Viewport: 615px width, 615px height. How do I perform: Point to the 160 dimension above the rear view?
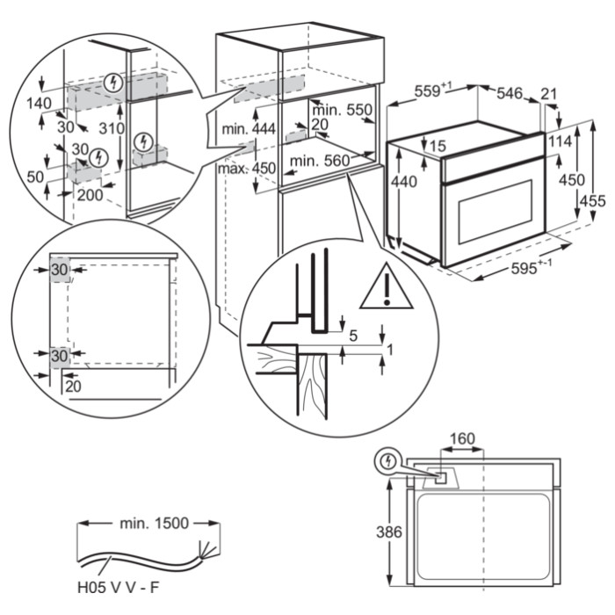pyautogui.click(x=463, y=438)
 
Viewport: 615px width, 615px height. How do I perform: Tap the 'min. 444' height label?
pyautogui.click(x=249, y=129)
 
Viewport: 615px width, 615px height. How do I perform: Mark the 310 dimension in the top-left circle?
pyautogui.click(x=111, y=128)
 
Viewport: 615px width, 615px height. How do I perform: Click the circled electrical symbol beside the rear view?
pyautogui.click(x=387, y=459)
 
